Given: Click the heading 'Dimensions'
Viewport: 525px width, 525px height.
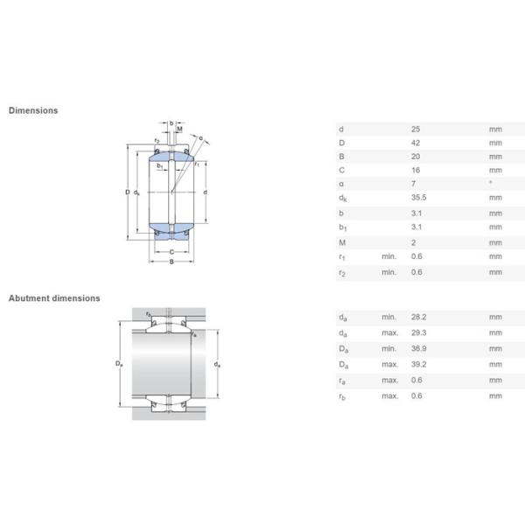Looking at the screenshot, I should [33, 111].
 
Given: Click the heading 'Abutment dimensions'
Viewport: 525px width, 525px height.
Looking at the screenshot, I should [54, 298].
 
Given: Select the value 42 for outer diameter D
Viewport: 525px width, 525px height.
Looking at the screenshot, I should [416, 143].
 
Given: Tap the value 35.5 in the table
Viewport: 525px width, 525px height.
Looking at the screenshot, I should [418, 199].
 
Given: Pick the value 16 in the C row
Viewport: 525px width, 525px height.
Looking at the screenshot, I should [416, 171].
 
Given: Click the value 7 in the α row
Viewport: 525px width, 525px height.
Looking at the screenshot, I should [414, 185].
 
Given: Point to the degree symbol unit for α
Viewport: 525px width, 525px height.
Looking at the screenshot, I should [491, 183].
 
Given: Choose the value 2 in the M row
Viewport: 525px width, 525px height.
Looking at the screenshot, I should [414, 242].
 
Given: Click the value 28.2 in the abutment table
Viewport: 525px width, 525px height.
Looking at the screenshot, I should [418, 318].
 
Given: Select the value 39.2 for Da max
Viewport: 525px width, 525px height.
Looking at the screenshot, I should [418, 364].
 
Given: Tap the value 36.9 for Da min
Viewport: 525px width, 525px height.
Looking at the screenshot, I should [418, 348].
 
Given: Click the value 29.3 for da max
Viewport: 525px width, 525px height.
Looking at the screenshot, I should [418, 333].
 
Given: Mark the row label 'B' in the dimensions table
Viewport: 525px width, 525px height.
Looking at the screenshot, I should [340, 157].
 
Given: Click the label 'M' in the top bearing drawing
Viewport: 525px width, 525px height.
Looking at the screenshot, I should [180, 129].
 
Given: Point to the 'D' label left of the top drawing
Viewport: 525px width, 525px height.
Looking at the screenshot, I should [127, 192].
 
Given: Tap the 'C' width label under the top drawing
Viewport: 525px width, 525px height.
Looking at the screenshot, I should [171, 252].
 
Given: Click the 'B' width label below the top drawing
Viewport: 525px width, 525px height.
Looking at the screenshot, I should [171, 262].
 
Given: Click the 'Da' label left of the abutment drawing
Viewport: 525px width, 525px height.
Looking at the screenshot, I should [121, 363].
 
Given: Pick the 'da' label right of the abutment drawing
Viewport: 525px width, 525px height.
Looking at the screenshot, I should [216, 363].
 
